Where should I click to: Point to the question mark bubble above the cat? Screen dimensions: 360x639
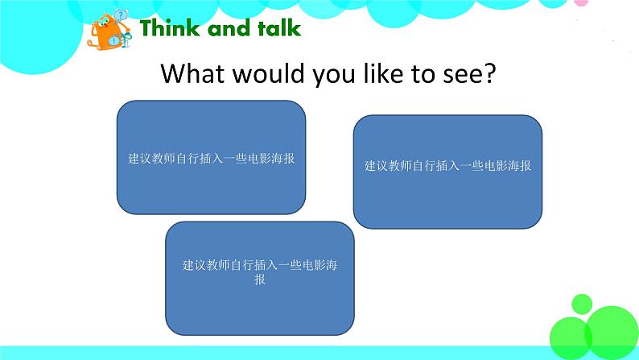[x=121, y=15]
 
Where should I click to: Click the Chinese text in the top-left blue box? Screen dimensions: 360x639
[x=211, y=159]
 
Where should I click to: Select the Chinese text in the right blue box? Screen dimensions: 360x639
[x=447, y=166]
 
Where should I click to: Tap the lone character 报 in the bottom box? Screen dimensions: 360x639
[x=259, y=279]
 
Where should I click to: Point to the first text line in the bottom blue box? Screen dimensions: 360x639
[x=259, y=265]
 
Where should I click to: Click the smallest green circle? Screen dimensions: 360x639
[x=581, y=304]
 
